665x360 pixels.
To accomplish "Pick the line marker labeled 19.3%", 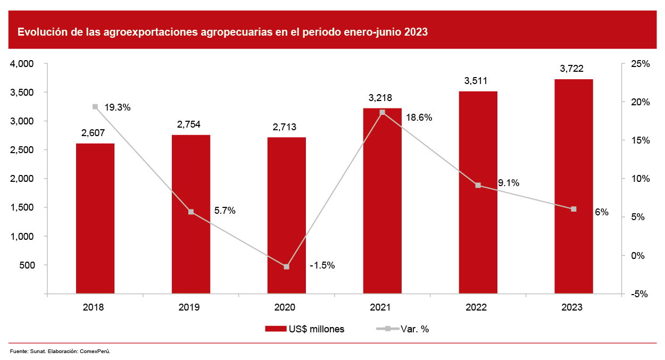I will [x=95, y=107].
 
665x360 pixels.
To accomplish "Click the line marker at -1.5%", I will [x=287, y=266].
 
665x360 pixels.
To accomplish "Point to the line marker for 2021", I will [x=383, y=112].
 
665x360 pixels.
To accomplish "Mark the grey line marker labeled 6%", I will [x=573, y=209].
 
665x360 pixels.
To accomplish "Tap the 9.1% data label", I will [x=509, y=183].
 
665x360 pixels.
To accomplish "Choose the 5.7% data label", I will [x=225, y=211].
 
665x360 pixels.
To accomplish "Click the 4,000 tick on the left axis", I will [x=23, y=64].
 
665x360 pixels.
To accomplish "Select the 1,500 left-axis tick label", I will [x=23, y=207].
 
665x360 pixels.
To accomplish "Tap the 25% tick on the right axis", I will [x=640, y=64].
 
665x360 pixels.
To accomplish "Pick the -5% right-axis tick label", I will [x=638, y=294].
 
